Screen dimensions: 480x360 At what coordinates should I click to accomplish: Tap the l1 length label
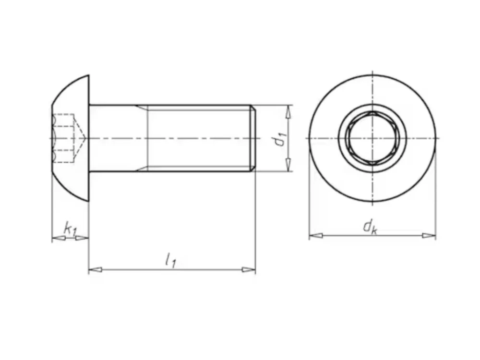pyautogui.click(x=170, y=261)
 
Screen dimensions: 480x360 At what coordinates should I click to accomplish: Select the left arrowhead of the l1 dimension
pyautogui.click(x=95, y=270)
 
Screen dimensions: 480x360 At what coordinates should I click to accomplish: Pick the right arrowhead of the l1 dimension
pyautogui.click(x=249, y=270)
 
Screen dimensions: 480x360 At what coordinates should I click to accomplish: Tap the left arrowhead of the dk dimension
pyautogui.click(x=316, y=235)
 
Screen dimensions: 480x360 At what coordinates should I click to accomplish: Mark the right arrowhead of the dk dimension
pyautogui.click(x=429, y=235)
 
